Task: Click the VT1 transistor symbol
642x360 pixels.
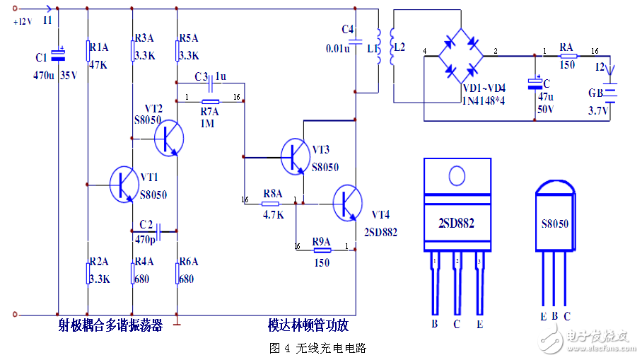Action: [125, 185]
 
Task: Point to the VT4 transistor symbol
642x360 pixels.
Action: [347, 202]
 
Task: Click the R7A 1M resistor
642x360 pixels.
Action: [210, 101]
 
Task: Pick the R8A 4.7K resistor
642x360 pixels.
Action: [272, 203]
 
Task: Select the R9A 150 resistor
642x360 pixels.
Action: [322, 248]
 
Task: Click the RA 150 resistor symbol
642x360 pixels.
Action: [568, 54]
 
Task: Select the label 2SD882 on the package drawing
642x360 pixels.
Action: [456, 223]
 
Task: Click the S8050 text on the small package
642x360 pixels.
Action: [555, 223]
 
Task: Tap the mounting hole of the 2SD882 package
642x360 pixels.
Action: [457, 175]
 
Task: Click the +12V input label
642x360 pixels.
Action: [23, 21]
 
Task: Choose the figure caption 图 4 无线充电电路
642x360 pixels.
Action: [318, 348]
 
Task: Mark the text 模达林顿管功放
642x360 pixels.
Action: [308, 325]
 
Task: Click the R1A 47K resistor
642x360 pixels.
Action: [87, 51]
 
